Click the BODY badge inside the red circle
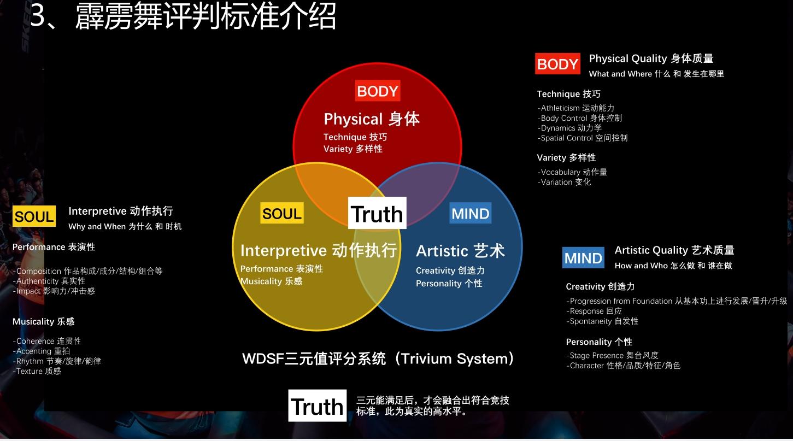coord(378,91)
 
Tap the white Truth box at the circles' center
coord(377,213)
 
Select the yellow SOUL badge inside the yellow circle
coord(282,213)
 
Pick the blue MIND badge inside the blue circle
coord(470,213)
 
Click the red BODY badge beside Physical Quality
coord(557,64)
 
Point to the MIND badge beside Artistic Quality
coord(583,258)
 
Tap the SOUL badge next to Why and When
coord(34,216)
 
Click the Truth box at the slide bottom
coord(317,405)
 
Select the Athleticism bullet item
coord(575,108)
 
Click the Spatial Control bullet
coord(583,138)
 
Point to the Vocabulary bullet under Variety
coord(572,172)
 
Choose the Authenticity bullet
coord(49,281)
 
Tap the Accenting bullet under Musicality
coord(42,351)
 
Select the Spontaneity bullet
coord(602,321)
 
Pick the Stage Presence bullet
coord(612,355)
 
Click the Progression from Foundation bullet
coord(677,301)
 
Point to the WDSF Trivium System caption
coord(378,358)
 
